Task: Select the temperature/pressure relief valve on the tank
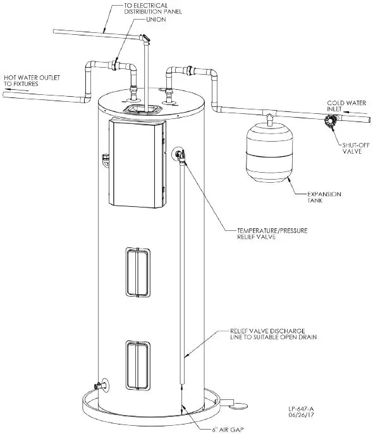click(x=179, y=153)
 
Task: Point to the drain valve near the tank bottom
click(x=97, y=385)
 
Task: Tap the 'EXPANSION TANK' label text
click(x=323, y=197)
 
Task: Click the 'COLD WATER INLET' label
click(x=345, y=105)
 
